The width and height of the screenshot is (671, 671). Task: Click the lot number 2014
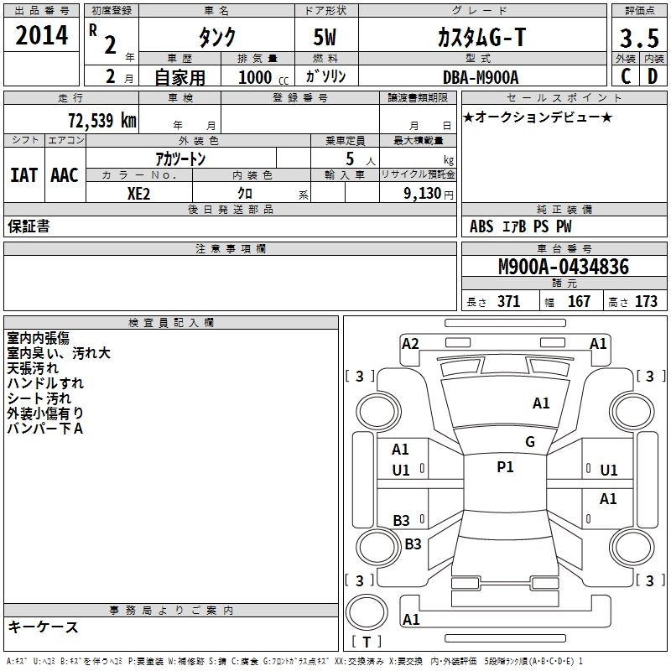42,36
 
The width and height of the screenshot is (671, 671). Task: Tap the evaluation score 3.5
638,39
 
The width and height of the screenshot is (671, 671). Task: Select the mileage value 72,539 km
101,120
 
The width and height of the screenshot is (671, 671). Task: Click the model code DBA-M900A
481,77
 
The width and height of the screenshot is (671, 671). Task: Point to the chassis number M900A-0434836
563,267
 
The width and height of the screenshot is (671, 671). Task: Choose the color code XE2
138,192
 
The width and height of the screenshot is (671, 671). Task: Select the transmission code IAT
23,175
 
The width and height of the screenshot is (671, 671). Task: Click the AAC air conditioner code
65,175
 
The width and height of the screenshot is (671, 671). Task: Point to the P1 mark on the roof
505,467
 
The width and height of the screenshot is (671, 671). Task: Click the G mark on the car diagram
529,441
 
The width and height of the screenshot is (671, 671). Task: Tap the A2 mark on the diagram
410,343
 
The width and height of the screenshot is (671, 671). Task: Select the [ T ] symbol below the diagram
367,642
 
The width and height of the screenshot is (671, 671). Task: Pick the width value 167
579,302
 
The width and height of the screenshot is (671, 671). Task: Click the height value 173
646,302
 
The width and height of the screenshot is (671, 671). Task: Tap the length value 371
508,302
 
